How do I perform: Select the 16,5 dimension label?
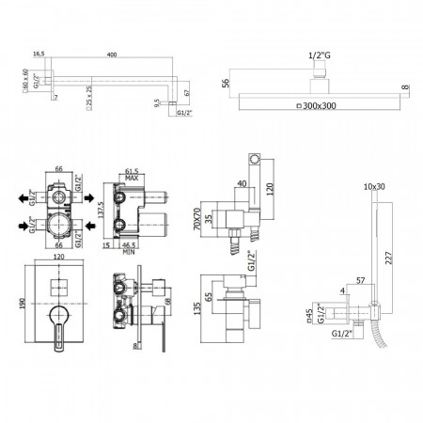[38, 55]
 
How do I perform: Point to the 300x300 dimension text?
[319, 104]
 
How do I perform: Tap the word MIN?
[132, 253]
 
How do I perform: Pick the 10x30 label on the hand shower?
[374, 187]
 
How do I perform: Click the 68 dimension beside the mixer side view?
[165, 304]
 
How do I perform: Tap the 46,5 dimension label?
[132, 244]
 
